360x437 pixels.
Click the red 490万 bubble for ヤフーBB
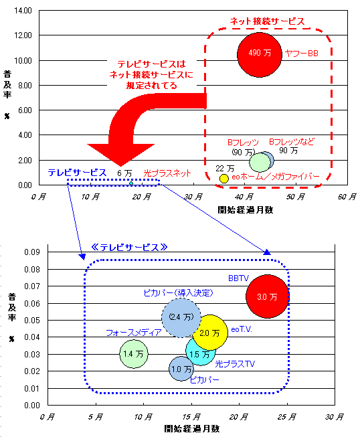click(x=260, y=55)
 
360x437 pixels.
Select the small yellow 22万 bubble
click(x=223, y=179)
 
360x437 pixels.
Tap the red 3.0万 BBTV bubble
click(x=267, y=296)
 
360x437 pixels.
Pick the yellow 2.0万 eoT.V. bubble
click(x=210, y=333)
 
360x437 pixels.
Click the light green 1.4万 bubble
click(x=134, y=354)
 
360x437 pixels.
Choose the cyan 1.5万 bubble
click(x=199, y=352)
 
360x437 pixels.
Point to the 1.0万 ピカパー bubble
click(x=181, y=369)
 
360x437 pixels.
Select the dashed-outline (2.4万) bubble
click(x=181, y=318)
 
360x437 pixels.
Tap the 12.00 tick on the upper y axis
click(x=23, y=35)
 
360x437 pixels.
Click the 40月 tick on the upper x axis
click(x=244, y=197)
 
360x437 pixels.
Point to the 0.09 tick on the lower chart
click(x=32, y=252)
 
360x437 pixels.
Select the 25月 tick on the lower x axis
click(x=286, y=417)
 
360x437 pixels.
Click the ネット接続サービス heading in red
click(x=267, y=21)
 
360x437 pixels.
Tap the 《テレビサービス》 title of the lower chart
click(x=129, y=247)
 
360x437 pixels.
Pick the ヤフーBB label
click(x=302, y=54)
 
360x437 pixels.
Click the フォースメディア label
click(x=134, y=333)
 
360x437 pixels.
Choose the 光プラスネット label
click(x=167, y=173)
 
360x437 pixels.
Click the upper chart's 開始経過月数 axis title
click(x=245, y=210)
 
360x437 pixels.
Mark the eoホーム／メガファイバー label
click(x=275, y=177)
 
